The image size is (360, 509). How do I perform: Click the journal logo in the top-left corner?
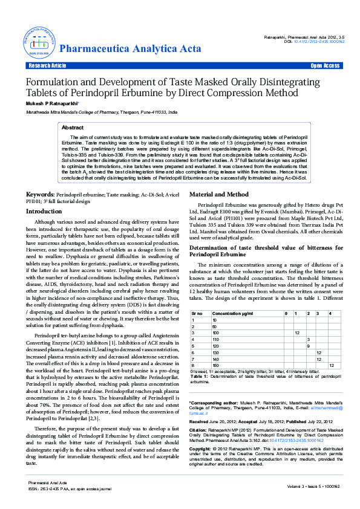point(39,42)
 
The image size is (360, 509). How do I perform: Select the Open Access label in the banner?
point(325,65)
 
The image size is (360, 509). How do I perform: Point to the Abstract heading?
point(73,128)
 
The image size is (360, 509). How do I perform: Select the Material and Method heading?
point(219,195)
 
